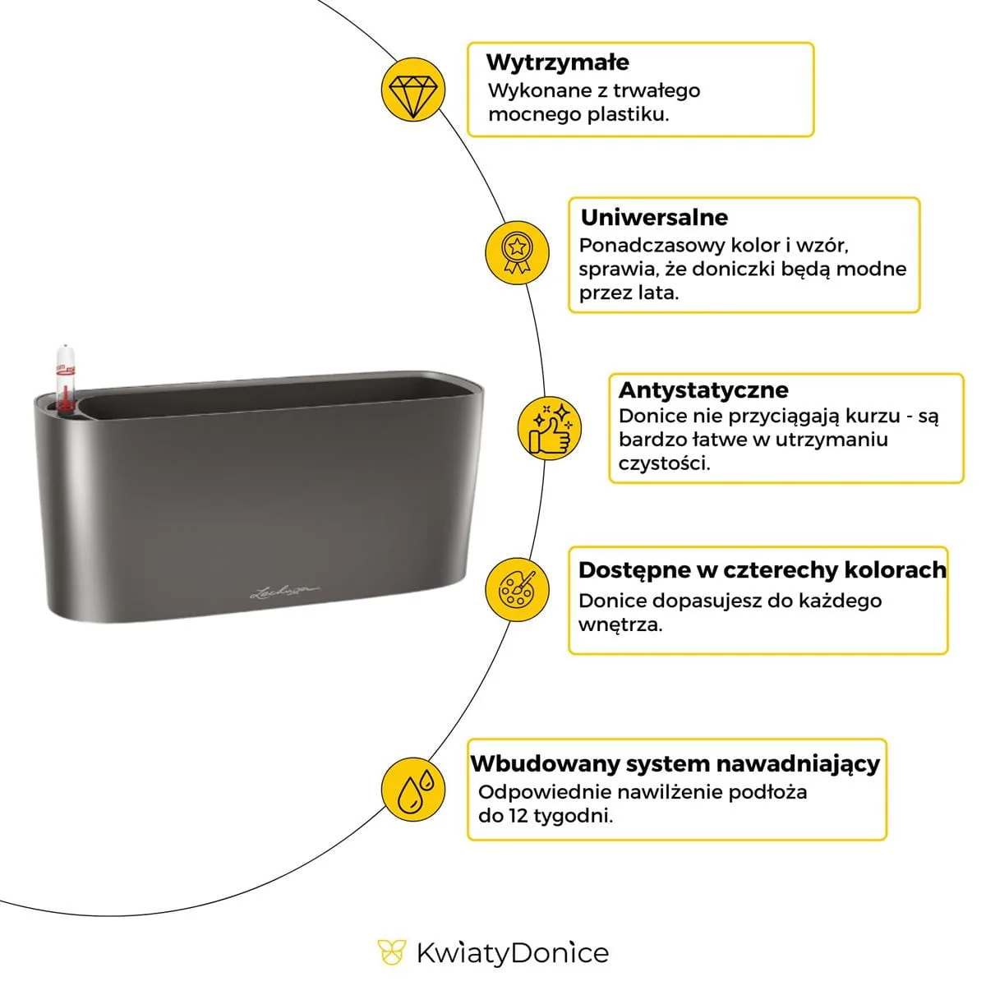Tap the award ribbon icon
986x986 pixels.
coord(516,250)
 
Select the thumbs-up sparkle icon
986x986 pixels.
coord(549,428)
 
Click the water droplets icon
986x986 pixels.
coord(413,789)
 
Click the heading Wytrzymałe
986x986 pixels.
coord(557,62)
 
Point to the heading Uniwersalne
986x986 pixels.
coord(654,218)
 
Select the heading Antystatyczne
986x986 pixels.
coord(703,389)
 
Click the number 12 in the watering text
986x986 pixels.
coord(516,816)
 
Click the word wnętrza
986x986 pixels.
coord(620,624)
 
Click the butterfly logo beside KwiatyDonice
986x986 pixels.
coord(392,952)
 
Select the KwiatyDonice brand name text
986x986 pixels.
coord(512,953)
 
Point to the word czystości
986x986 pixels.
coord(664,463)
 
